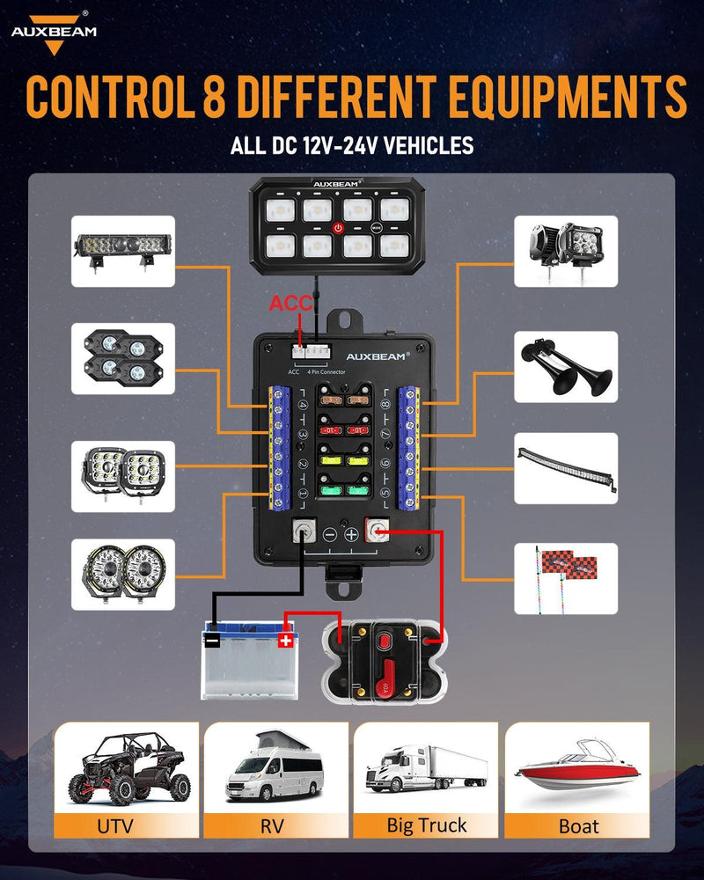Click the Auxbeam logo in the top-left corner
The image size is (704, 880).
click(53, 32)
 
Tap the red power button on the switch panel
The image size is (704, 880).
click(339, 227)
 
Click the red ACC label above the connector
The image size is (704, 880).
click(291, 304)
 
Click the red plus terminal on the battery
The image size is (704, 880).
click(285, 640)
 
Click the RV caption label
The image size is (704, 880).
click(276, 825)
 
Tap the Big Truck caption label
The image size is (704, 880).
click(427, 825)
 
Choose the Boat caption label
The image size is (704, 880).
click(577, 825)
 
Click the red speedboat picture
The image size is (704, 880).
click(577, 767)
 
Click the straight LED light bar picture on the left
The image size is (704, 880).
click(123, 251)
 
